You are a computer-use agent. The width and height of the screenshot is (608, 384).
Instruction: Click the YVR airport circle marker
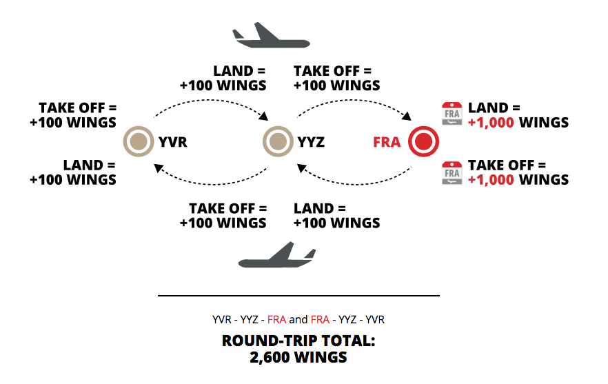click(x=138, y=142)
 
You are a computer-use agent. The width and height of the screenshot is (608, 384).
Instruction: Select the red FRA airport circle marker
click(x=423, y=142)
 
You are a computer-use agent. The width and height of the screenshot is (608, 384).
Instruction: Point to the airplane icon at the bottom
click(x=276, y=256)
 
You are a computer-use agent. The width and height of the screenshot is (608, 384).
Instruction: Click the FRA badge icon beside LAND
click(x=452, y=114)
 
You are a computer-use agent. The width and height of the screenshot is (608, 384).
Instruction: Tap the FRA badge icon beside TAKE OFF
click(x=452, y=172)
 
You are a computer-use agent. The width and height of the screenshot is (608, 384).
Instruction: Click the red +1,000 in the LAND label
click(x=492, y=123)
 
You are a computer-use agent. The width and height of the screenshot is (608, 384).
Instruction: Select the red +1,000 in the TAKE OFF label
click(x=492, y=180)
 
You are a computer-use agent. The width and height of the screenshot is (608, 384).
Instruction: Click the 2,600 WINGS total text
click(x=298, y=357)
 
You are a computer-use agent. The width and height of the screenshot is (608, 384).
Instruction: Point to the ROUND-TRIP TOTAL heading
click(x=298, y=341)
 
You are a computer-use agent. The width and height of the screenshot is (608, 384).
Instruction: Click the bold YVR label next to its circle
click(x=172, y=143)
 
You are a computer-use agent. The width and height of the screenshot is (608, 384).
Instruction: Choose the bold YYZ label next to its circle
click(x=312, y=143)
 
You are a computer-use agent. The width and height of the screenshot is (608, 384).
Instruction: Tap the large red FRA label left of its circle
click(x=387, y=143)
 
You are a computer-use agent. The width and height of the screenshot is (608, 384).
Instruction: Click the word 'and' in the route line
click(x=298, y=320)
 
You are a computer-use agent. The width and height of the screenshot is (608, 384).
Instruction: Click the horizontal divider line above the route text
click(x=298, y=296)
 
